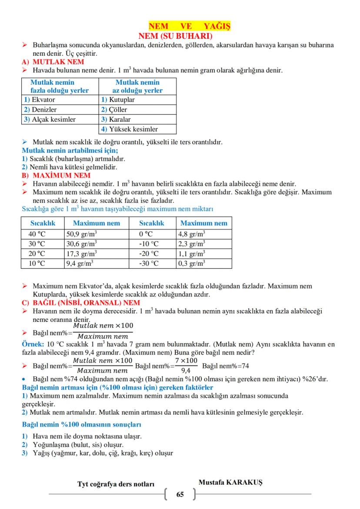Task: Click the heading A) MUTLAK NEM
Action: tap(53, 62)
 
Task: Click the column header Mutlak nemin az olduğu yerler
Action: tap(137, 87)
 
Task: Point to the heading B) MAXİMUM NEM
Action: tap(56, 176)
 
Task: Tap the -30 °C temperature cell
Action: tap(149, 264)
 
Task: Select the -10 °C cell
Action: tap(149, 244)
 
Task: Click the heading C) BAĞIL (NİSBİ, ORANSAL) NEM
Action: tap(81, 303)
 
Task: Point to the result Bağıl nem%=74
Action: tap(226, 366)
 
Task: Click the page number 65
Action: tap(180, 495)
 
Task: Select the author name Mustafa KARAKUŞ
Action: tap(230, 482)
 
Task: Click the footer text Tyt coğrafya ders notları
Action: tap(116, 484)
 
